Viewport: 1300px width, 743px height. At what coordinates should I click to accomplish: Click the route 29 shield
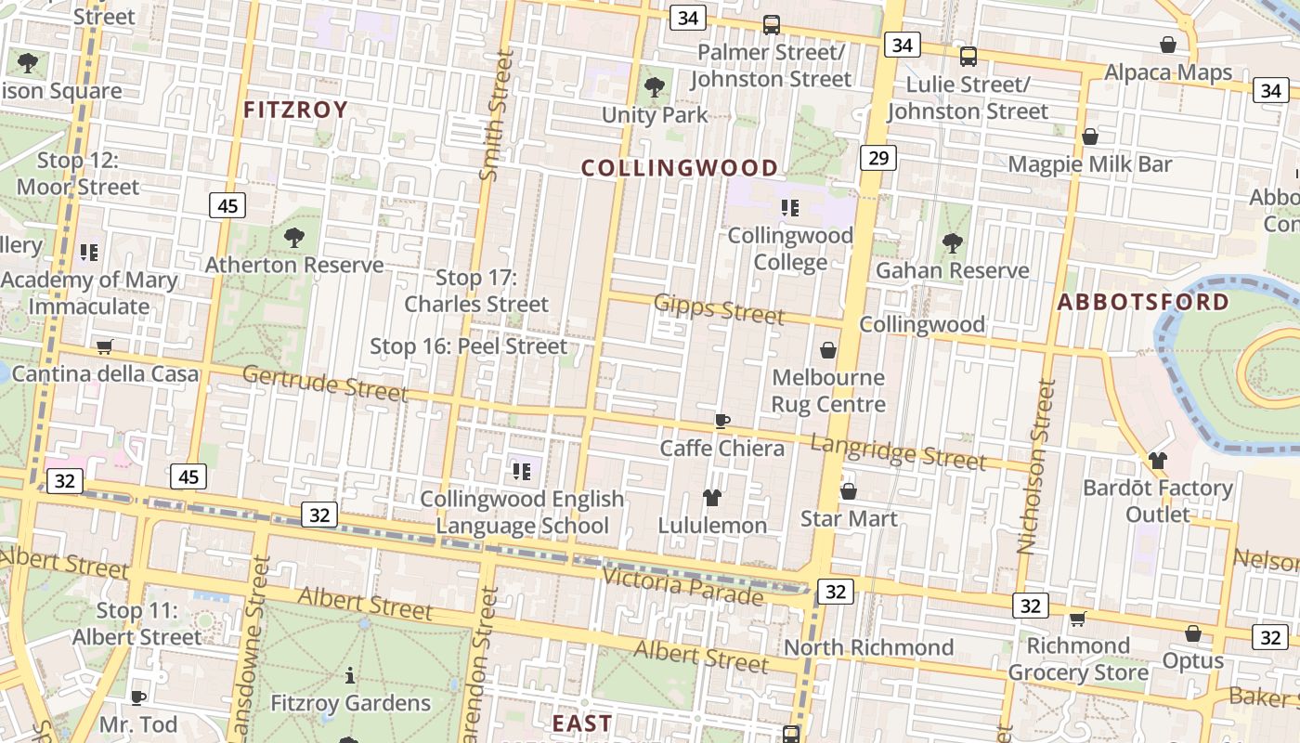pyautogui.click(x=878, y=158)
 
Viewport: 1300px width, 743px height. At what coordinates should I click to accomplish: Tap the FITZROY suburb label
pyautogui.click(x=295, y=110)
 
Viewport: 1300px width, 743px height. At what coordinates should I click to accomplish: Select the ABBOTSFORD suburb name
pyautogui.click(x=1143, y=302)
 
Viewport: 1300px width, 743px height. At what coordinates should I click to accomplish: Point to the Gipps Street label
pyautogui.click(x=719, y=307)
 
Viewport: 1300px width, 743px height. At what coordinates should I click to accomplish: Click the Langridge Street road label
pyautogui.click(x=897, y=451)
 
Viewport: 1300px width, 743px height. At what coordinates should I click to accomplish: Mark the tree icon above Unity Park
pyautogui.click(x=655, y=87)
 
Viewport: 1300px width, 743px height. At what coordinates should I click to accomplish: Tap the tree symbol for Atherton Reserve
pyautogui.click(x=294, y=238)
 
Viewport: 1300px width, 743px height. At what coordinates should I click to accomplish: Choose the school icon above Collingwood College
pyautogui.click(x=789, y=208)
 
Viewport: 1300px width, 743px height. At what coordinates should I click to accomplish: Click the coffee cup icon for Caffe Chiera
pyautogui.click(x=722, y=421)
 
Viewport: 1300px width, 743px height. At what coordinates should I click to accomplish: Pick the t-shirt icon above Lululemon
pyautogui.click(x=712, y=498)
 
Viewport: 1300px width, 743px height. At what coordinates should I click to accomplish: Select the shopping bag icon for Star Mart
pyautogui.click(x=849, y=491)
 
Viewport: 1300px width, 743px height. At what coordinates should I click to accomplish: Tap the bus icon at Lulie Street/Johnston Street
pyautogui.click(x=968, y=57)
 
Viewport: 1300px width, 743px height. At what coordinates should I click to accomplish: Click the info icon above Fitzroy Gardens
pyautogui.click(x=350, y=675)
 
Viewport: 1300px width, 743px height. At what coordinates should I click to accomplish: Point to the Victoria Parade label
pyautogui.click(x=682, y=585)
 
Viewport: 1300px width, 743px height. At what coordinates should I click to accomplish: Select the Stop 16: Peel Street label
pyautogui.click(x=468, y=346)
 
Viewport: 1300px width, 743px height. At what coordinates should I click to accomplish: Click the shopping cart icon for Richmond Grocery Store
pyautogui.click(x=1077, y=619)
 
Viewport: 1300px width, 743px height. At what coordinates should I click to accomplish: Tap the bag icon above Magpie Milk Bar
pyautogui.click(x=1090, y=137)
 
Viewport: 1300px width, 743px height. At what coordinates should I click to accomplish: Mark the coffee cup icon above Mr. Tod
pyautogui.click(x=138, y=697)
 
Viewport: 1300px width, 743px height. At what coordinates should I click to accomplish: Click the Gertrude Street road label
pyautogui.click(x=325, y=384)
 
